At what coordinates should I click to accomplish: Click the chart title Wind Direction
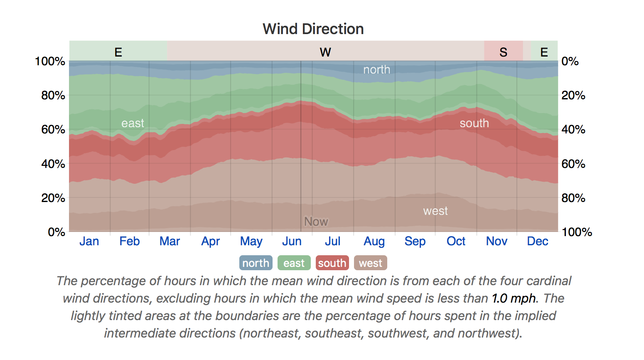(x=313, y=29)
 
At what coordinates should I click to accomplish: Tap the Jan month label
(x=89, y=241)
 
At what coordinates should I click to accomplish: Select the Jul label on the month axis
(x=333, y=241)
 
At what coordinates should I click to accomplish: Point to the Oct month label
(x=456, y=241)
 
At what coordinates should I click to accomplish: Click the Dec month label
(x=537, y=241)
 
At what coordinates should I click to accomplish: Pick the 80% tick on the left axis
(x=53, y=96)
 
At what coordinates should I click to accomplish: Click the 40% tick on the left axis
(x=53, y=164)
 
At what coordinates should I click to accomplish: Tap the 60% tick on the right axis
(x=573, y=164)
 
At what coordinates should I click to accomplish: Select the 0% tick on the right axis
(x=570, y=61)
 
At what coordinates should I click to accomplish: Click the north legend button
(x=256, y=263)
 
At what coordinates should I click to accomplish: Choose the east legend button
(x=294, y=263)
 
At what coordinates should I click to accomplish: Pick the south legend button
(x=332, y=263)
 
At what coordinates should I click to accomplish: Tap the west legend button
(x=371, y=263)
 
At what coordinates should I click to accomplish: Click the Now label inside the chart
(x=316, y=222)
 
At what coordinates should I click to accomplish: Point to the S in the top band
(x=504, y=52)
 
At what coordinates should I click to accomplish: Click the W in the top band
(x=325, y=52)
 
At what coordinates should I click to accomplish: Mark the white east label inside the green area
(x=133, y=123)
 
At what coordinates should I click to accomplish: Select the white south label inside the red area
(x=474, y=123)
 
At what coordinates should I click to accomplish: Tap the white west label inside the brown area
(x=435, y=211)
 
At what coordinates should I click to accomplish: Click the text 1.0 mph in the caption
(x=514, y=298)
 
